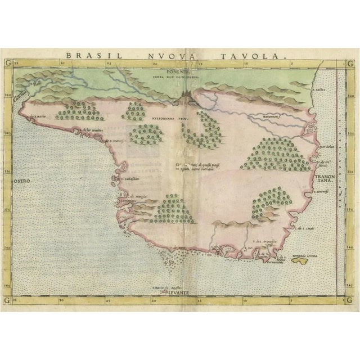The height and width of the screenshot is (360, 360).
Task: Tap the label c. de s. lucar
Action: tap(306, 228)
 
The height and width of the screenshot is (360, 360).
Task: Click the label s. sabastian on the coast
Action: tap(128, 178)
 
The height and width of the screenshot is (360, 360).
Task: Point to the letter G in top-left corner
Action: tap(7, 64)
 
